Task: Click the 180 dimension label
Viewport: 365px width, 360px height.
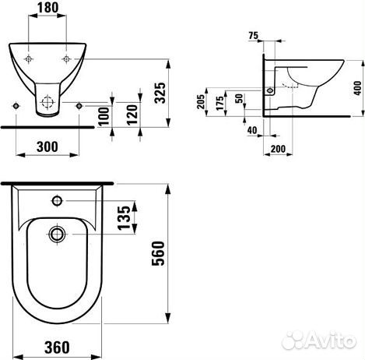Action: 47,8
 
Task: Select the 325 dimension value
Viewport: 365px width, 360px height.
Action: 160,93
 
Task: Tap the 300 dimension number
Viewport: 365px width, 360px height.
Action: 47,146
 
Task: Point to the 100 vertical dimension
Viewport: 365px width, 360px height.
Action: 104,116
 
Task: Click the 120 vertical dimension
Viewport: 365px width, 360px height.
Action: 132,115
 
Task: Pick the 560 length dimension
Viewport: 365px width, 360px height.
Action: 158,253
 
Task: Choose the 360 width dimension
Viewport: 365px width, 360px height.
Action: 57,348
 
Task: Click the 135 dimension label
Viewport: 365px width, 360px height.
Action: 124,218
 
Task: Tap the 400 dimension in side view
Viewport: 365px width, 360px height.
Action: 357,88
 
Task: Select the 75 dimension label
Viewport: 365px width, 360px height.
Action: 253,36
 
